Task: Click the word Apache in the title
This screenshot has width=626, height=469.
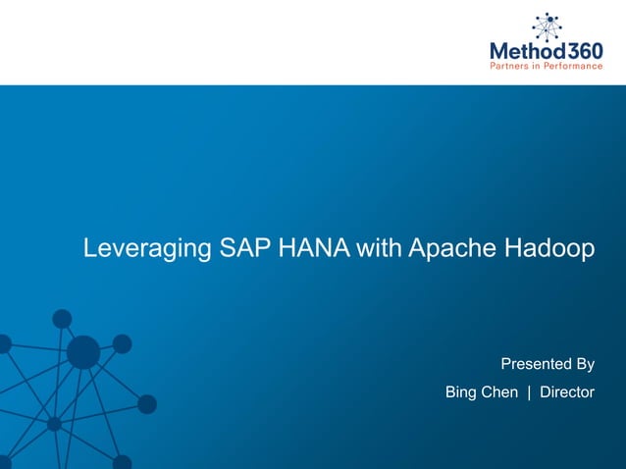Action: [x=447, y=249]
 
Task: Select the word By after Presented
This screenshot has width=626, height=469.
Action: [x=585, y=365]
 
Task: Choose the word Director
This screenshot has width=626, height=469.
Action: [x=567, y=392]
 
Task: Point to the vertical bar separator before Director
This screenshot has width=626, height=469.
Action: [x=529, y=392]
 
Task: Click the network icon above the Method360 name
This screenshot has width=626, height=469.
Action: [x=548, y=26]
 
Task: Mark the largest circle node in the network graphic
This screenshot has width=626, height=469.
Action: [x=82, y=352]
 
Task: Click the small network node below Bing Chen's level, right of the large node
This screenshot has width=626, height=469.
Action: [x=147, y=404]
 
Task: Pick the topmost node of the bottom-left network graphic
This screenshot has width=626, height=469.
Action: [x=62, y=318]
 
